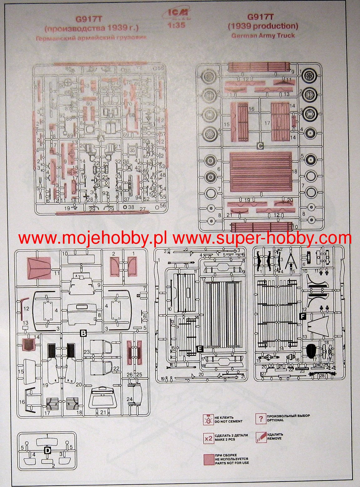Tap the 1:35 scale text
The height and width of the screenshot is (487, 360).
177,25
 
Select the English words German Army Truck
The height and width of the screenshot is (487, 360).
263,35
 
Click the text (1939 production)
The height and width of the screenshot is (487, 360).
263,26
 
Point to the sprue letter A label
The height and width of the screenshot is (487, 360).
101,139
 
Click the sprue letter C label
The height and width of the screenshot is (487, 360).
260,145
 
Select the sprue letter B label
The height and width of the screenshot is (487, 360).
83,333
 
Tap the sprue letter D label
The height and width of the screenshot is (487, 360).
47,450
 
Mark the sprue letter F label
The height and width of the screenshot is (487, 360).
302,316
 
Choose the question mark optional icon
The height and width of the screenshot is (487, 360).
260,418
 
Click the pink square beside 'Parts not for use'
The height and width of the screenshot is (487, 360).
208,459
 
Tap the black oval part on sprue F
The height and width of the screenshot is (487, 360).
311,351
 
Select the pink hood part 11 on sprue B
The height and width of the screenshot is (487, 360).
39,268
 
